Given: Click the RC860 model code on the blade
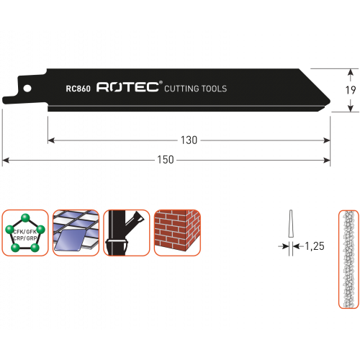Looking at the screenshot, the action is (x=78, y=89).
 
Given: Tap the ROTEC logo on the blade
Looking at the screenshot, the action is (x=127, y=86).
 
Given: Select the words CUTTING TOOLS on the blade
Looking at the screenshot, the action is (x=196, y=89).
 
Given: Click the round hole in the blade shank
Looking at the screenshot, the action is (x=27, y=89).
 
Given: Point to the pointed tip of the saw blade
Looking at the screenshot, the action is (x=330, y=102).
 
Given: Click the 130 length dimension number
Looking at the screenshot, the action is (x=189, y=140).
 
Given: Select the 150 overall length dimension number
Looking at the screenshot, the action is (x=166, y=160).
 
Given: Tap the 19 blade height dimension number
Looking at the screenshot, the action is (x=351, y=90).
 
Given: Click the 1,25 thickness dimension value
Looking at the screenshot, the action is (x=315, y=246).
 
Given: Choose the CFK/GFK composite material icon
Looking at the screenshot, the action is (x=25, y=233).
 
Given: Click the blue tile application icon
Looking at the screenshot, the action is (x=76, y=233).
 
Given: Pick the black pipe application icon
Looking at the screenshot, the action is (x=127, y=233).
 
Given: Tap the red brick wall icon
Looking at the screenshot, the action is (x=177, y=233).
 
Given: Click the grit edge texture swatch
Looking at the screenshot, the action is (x=348, y=259).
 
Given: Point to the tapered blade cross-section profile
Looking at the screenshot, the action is (x=291, y=223).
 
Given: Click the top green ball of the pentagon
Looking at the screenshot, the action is (x=25, y=218).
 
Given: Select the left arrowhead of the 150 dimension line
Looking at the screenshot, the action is (x=6, y=160).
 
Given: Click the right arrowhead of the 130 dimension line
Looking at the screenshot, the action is (x=327, y=140).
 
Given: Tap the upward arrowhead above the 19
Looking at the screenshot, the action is (x=351, y=72).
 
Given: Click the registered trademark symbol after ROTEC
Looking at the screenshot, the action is (x=161, y=83).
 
